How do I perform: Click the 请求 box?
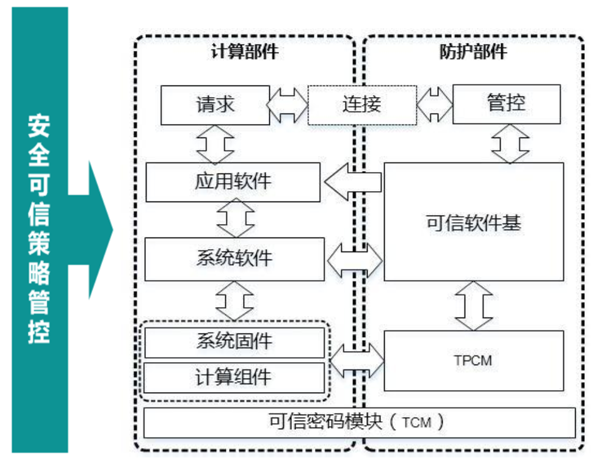point(215,104)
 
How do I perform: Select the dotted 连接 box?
point(361,104)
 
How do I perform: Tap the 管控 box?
point(506,103)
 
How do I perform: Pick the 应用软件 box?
point(233,182)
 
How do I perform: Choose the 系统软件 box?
point(234,258)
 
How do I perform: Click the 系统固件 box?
point(234,342)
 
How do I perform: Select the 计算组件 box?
point(234,377)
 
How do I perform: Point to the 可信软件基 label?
point(474,223)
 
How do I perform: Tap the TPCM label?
point(473,361)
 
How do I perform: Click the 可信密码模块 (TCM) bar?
point(359,423)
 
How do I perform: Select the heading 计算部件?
point(244,53)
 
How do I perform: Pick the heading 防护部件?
point(473,53)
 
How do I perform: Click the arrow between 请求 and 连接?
point(288,105)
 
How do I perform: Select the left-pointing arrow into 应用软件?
point(352,182)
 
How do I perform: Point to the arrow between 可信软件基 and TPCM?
point(474,305)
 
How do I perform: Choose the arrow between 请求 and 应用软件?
point(216,143)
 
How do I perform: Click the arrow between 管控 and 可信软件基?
point(510,143)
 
